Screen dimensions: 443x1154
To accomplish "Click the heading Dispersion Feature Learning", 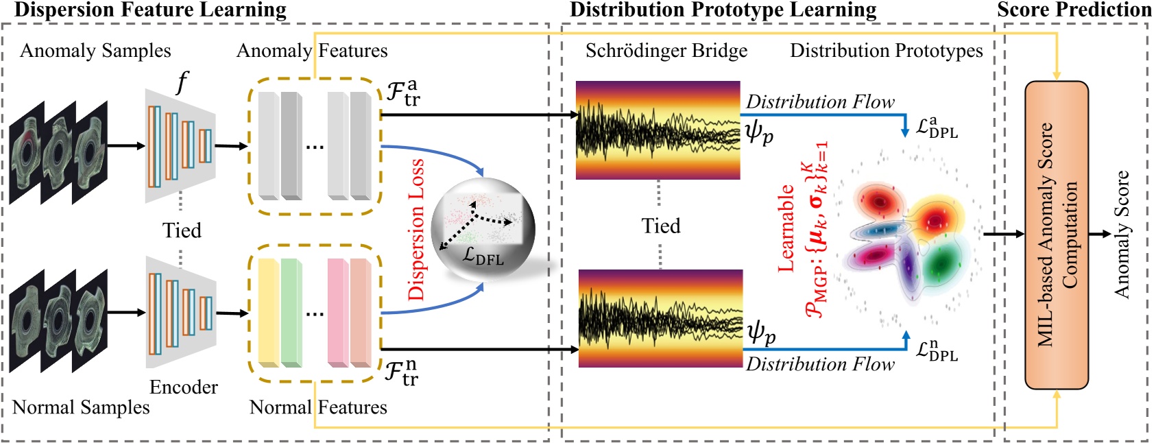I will point(150,10).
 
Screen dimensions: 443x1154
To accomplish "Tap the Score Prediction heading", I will point(1074,10).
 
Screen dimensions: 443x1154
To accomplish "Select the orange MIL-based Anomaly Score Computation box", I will point(1056,235).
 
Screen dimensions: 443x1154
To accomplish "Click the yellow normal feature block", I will point(268,313).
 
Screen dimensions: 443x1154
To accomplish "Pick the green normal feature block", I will point(291,313).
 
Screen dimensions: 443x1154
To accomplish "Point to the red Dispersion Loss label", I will point(416,230).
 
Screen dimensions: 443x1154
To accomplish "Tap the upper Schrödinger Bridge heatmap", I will point(658,130).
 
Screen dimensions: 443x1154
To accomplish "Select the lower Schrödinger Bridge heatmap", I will point(660,318).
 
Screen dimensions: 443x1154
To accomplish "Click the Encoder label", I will point(183,387).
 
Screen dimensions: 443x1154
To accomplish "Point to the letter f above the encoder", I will point(182,82).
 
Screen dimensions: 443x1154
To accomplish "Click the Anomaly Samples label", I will point(95,51).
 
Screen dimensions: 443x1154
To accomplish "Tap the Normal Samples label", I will point(81,407).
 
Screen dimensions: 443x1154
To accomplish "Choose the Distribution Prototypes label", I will point(886,51).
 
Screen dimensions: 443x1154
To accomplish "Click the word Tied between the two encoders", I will point(182,230).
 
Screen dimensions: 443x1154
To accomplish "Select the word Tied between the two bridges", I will point(660,226).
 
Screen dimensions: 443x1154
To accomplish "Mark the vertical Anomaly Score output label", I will point(1122,235).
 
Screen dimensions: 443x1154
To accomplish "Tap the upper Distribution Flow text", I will point(820,102).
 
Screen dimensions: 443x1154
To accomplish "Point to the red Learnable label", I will point(786,228).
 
